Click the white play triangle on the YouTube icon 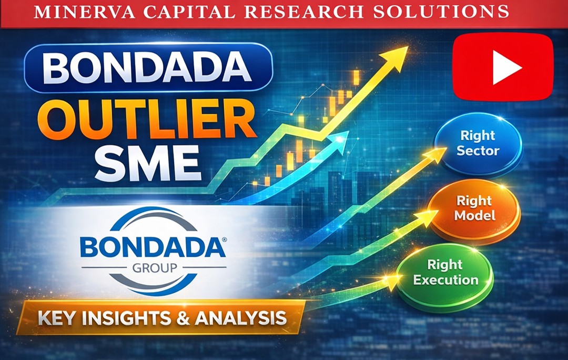point(506,67)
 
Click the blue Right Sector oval point(478,143)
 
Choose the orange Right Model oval point(474,208)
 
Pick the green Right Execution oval point(445,272)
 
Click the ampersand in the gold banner point(192,317)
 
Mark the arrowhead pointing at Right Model point(430,215)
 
